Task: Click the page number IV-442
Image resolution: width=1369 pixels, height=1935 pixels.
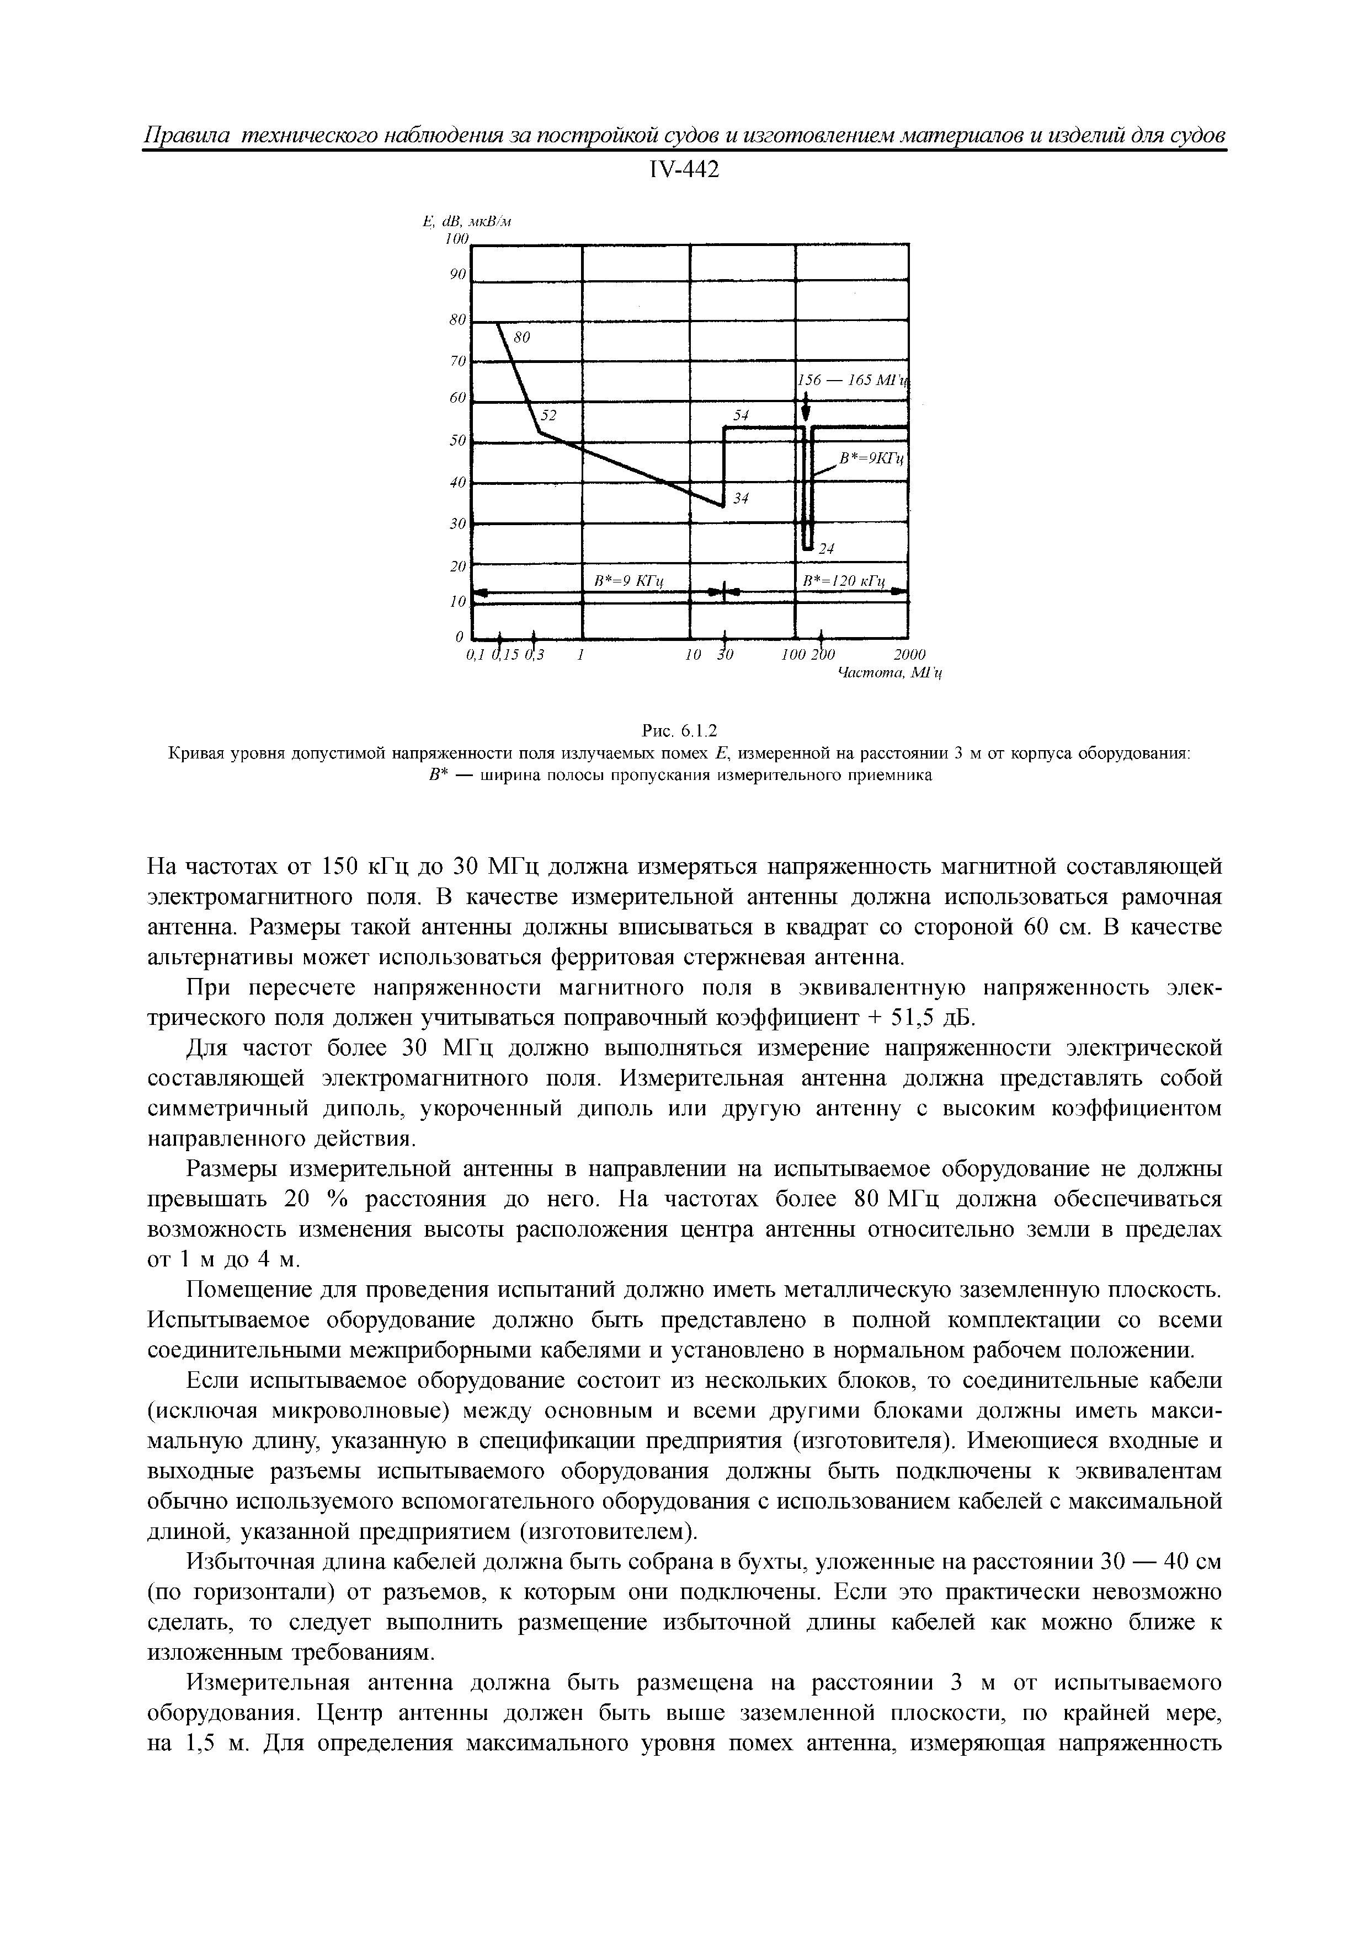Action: point(684,171)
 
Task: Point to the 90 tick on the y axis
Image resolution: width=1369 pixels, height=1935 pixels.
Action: point(458,274)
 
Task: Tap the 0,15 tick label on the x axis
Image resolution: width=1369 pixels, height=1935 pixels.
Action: point(508,655)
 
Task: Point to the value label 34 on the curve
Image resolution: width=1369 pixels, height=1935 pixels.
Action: point(740,499)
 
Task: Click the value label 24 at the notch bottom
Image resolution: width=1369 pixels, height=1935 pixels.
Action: point(826,549)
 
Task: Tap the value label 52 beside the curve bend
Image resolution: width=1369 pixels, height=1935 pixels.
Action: point(549,415)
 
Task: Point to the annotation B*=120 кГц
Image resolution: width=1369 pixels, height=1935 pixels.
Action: point(845,581)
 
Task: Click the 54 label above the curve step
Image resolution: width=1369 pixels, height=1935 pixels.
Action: point(740,415)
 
